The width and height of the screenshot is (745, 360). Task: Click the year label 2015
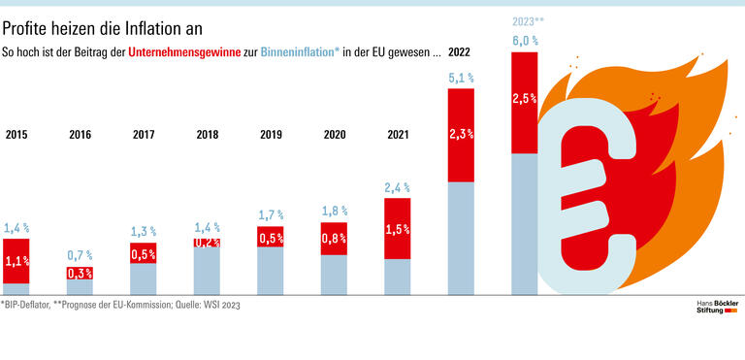[16, 135]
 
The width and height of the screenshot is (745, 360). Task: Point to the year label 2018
[207, 135]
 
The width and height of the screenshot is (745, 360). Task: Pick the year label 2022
[460, 52]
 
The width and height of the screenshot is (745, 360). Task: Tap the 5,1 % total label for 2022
[461, 77]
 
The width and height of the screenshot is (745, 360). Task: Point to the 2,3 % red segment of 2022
[461, 135]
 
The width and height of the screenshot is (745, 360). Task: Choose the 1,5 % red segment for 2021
[398, 229]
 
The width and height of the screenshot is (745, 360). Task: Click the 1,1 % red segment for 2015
[16, 260]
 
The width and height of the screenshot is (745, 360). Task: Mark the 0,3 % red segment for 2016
[80, 274]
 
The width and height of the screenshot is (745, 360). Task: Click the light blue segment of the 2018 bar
[207, 272]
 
